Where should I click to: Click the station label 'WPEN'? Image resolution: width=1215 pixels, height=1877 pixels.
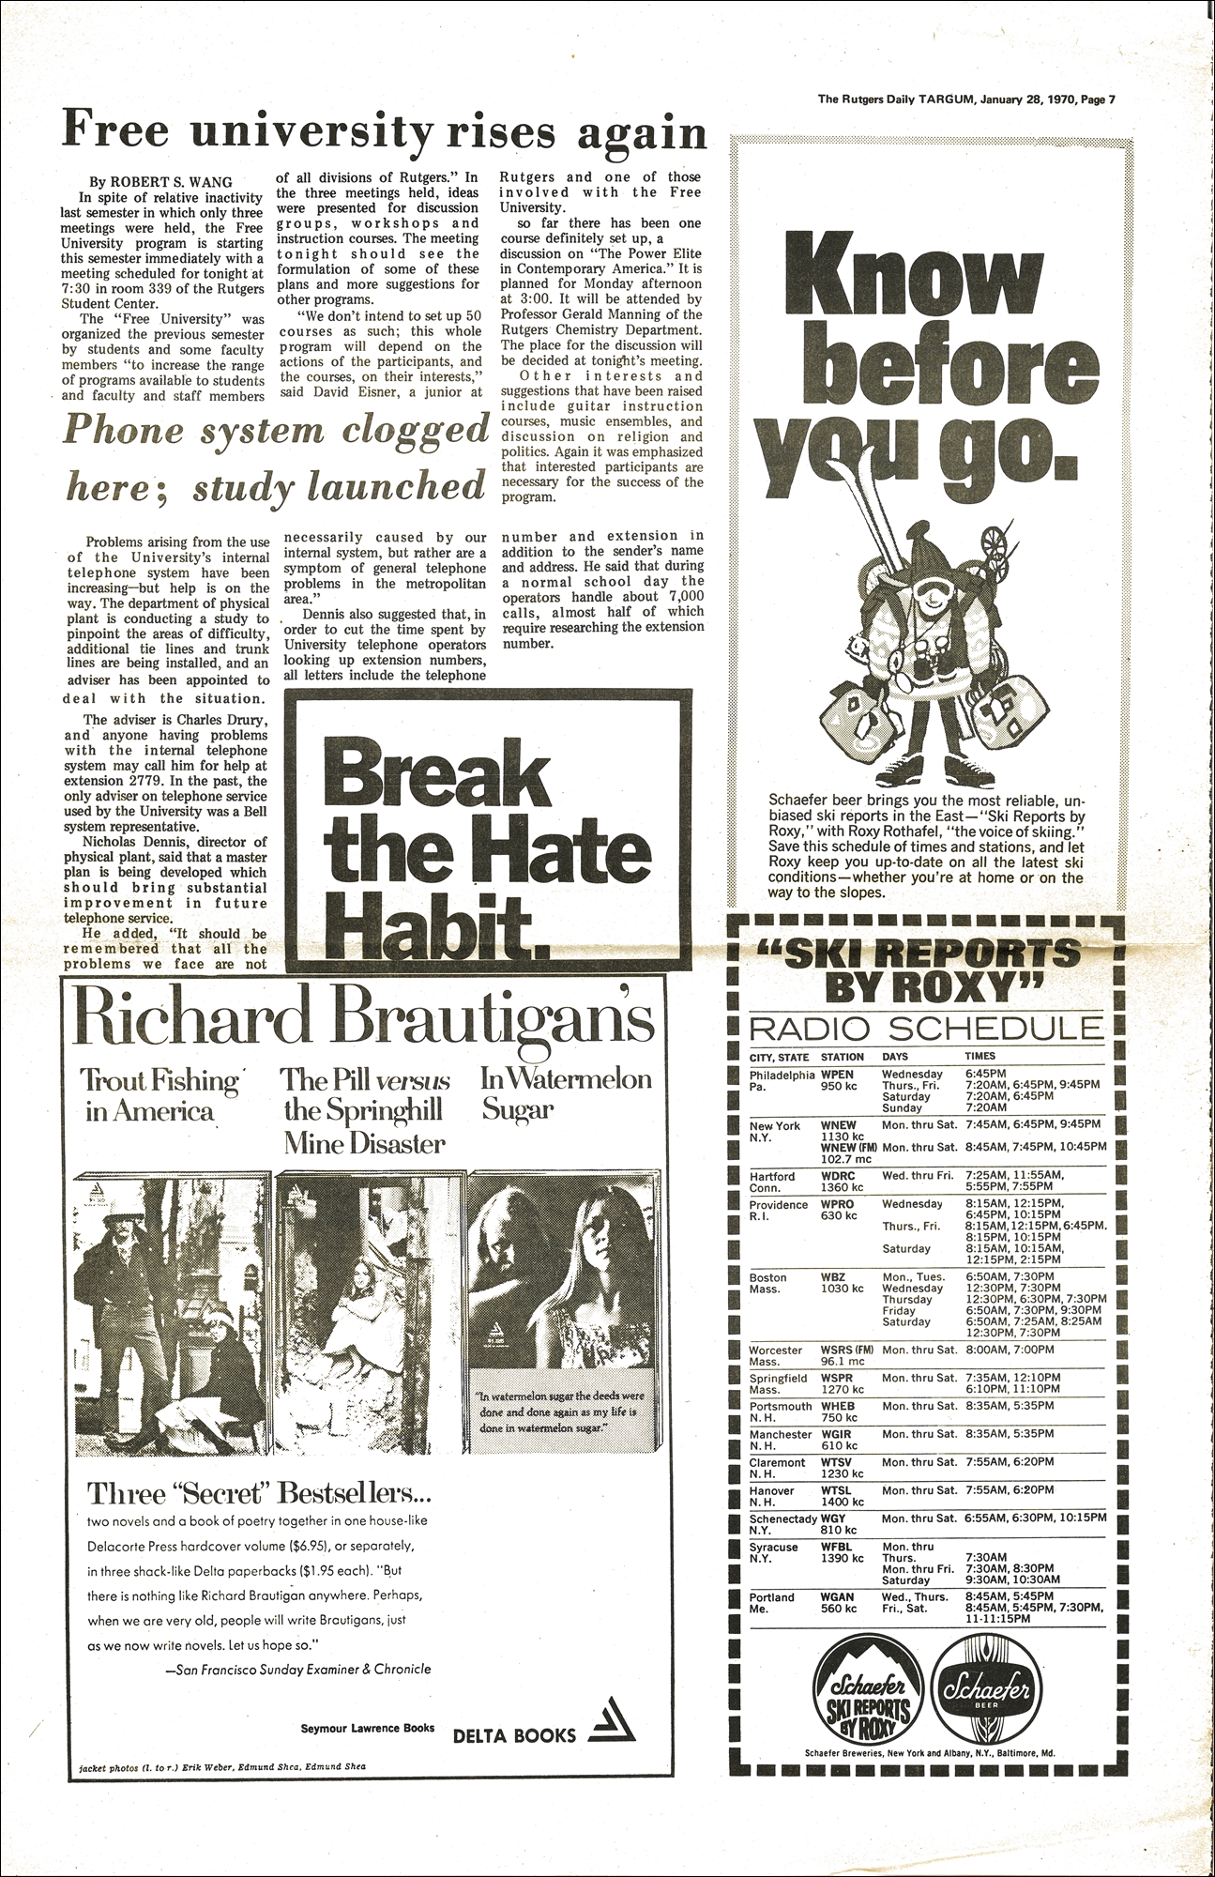click(x=837, y=1074)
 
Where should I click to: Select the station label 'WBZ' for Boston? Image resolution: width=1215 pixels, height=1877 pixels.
click(x=832, y=1277)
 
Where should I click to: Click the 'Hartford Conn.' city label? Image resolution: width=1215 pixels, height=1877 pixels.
click(x=771, y=1182)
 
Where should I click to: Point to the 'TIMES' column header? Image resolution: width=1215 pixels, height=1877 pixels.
click(x=980, y=1056)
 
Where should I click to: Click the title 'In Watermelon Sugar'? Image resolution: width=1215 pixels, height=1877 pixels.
click(x=565, y=1093)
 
